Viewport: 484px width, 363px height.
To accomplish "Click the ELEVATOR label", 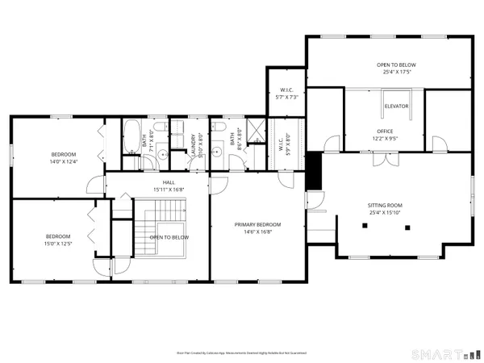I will pyautogui.click(x=396, y=106).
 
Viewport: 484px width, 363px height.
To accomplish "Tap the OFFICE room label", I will pyautogui.click(x=385, y=131).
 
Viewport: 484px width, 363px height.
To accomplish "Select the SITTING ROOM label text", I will pyautogui.click(x=385, y=206).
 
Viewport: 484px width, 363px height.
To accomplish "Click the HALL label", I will pyautogui.click(x=169, y=183).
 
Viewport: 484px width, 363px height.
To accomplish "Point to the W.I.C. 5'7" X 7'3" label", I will pyautogui.click(x=286, y=93).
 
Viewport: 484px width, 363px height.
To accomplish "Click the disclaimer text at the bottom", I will pyautogui.click(x=241, y=353).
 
